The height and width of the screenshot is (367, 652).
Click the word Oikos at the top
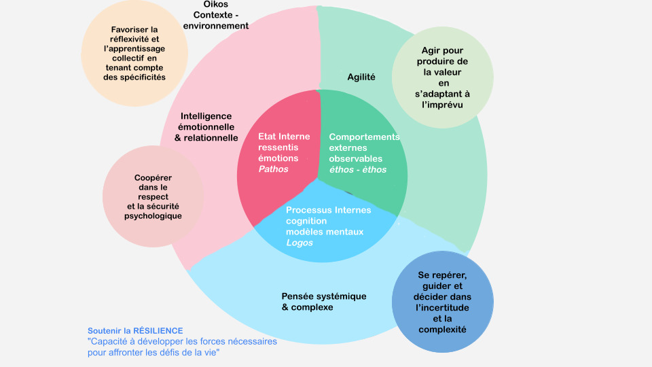pos(215,4)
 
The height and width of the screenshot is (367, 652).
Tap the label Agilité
pos(361,77)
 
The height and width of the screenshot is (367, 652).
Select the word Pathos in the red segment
pos(274,169)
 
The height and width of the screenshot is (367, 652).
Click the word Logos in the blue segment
pos(300,243)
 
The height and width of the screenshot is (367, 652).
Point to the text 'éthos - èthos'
pos(358,169)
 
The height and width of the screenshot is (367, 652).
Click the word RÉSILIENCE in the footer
pos(158,330)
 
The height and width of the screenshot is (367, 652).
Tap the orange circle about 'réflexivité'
pos(134,54)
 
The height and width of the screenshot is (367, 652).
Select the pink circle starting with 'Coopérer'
pos(153,196)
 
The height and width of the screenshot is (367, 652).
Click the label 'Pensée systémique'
pos(324,296)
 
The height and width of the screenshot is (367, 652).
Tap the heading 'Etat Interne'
pos(284,137)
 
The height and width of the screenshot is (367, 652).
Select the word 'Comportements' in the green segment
pos(365,137)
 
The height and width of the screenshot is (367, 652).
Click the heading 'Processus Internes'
pos(329,210)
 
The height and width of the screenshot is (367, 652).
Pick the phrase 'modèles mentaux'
pos(325,232)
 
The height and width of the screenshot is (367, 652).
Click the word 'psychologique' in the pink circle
pos(153,216)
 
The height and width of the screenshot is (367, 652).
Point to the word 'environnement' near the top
pos(215,26)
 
